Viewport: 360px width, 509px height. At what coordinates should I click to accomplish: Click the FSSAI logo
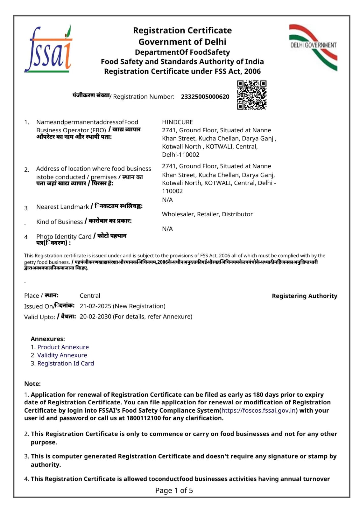coord(48,50)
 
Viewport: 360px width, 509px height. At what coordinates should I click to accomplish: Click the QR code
coord(251,95)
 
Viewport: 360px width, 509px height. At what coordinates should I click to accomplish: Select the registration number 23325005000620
coord(205,97)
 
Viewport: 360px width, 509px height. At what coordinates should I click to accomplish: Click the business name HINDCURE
coord(177,122)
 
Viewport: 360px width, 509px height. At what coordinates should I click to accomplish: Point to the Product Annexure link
coord(63,347)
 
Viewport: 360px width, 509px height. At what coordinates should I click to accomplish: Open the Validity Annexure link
coord(62,355)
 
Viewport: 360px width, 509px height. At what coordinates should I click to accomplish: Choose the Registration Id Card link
coord(66,363)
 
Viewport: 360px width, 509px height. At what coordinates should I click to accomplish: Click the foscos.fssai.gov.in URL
coord(258,410)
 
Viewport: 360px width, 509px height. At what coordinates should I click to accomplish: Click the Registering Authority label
coord(304,296)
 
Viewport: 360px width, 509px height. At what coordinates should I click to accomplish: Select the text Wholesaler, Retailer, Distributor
coord(207,214)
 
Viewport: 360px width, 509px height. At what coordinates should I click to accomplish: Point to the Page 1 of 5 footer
coord(174,491)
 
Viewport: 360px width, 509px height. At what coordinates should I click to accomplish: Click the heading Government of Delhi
coord(182,42)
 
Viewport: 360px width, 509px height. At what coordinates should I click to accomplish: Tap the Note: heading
coord(32,384)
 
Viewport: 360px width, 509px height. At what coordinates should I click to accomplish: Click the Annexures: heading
coord(48,339)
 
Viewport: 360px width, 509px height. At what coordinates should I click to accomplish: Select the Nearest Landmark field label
coord(62,207)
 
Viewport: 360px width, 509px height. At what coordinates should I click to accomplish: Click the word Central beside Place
coord(90,296)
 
